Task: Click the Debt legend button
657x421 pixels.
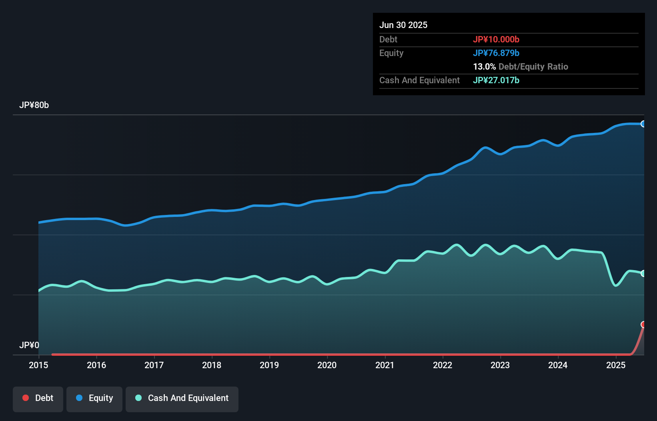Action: (38, 399)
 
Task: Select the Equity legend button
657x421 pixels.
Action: (94, 399)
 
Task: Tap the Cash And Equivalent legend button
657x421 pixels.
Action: (182, 399)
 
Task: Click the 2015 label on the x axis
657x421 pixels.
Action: (38, 365)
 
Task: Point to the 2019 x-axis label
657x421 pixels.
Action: (269, 365)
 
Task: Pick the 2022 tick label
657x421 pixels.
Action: (443, 365)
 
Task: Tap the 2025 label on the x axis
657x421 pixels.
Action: (616, 365)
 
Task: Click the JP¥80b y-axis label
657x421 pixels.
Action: (34, 105)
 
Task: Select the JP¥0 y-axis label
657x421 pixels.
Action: (29, 345)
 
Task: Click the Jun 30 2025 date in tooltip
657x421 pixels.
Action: (403, 25)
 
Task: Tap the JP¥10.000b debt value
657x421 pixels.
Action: (496, 40)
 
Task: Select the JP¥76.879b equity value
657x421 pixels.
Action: (496, 53)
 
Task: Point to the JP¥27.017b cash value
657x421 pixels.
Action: (496, 80)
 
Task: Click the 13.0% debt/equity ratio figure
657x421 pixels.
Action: (484, 67)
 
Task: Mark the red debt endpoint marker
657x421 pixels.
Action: (643, 324)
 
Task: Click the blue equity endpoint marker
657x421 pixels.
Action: (643, 124)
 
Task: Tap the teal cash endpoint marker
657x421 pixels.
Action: (643, 273)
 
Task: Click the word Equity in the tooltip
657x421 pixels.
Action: (391, 53)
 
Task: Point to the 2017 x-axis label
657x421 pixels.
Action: (154, 365)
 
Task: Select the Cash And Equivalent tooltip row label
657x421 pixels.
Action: (419, 80)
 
